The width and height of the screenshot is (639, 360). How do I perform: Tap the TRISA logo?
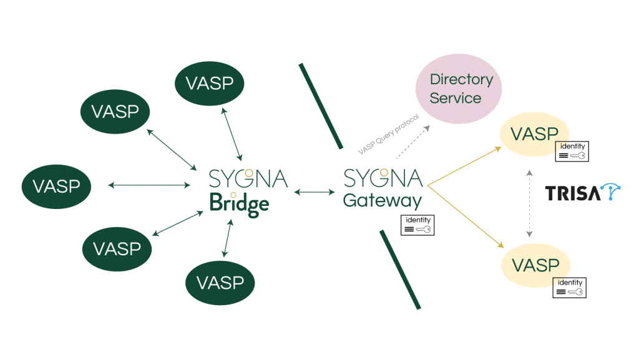[583, 193]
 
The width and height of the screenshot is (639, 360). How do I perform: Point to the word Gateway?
[383, 201]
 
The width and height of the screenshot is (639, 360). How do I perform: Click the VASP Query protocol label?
[389, 134]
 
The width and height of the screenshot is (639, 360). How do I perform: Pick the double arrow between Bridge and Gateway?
[314, 192]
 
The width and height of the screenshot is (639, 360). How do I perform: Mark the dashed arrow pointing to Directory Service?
[412, 142]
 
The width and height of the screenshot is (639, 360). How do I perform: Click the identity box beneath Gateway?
[417, 225]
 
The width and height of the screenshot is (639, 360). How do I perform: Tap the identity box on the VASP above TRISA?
[572, 151]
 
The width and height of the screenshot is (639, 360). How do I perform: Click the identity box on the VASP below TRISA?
[570, 287]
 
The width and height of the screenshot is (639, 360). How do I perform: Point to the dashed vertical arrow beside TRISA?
[529, 203]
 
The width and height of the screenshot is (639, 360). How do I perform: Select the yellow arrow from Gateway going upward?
[465, 165]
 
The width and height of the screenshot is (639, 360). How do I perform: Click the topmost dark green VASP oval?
[210, 83]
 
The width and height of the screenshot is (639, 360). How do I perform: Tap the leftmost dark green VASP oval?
[56, 186]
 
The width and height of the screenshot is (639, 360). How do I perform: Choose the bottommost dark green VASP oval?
[220, 283]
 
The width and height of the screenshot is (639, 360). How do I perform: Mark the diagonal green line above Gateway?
[321, 106]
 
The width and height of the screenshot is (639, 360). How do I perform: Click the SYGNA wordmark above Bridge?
[248, 178]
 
